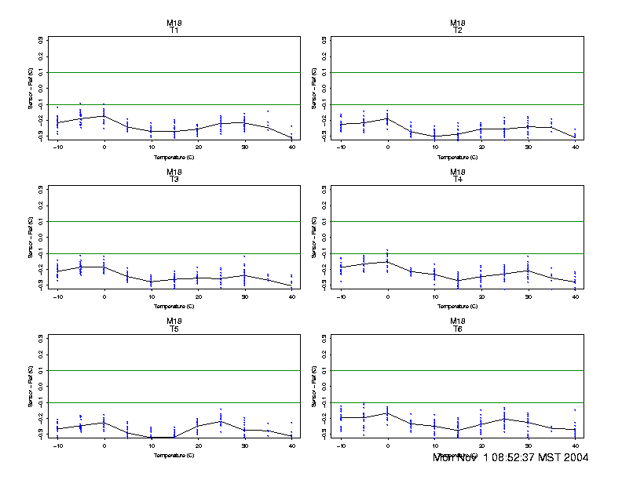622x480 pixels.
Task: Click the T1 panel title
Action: coord(174,31)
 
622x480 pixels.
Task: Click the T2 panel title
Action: coord(457,31)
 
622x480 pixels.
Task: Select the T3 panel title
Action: coord(174,180)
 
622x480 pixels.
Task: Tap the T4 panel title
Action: coord(457,180)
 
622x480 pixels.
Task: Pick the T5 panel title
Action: coord(174,329)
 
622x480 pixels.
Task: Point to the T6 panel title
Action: coord(457,329)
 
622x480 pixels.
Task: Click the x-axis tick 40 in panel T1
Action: coord(291,147)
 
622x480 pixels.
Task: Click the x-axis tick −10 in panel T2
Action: coord(340,147)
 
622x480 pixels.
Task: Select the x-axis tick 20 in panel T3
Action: coord(198,296)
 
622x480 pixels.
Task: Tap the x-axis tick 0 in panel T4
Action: coord(387,296)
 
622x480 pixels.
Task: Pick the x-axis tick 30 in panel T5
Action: coord(244,445)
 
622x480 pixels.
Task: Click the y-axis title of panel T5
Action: coord(30,386)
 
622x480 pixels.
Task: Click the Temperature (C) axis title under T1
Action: coord(174,157)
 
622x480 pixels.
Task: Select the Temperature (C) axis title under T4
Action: coord(457,306)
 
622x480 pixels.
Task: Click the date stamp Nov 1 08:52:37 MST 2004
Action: coord(510,457)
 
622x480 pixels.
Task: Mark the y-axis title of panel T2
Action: coord(313,88)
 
